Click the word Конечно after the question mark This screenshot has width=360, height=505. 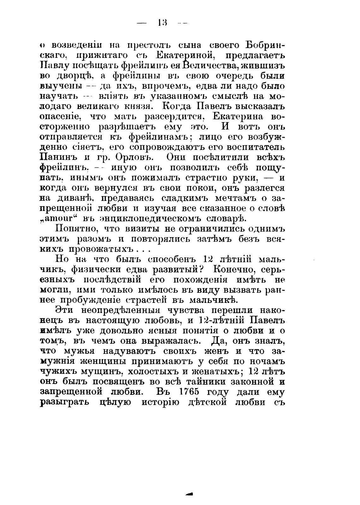point(238,270)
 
